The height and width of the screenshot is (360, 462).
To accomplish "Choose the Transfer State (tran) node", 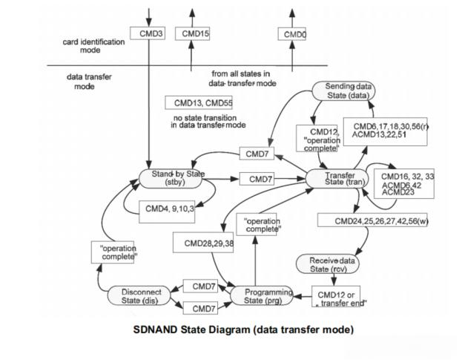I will [339, 179].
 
